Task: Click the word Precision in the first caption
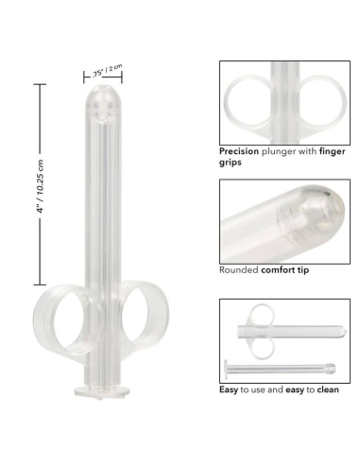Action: (x=240, y=150)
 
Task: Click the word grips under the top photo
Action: (x=231, y=163)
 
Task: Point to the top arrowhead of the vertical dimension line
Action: (x=39, y=85)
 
